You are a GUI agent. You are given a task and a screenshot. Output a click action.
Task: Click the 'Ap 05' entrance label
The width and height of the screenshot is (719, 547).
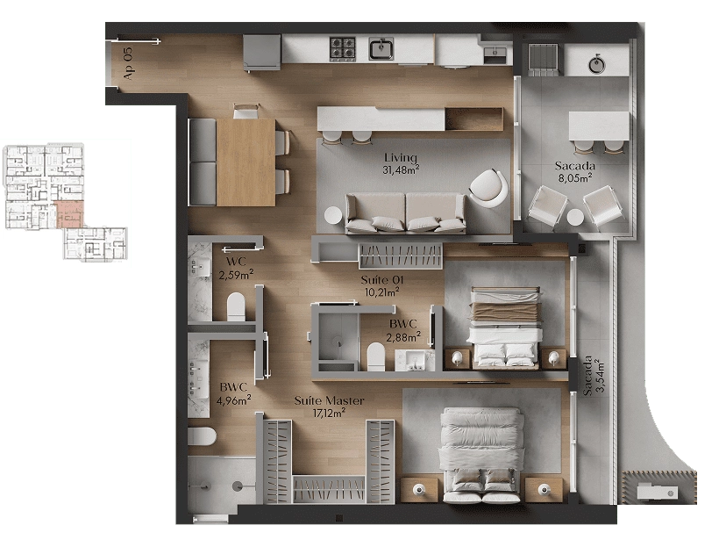[x=128, y=63]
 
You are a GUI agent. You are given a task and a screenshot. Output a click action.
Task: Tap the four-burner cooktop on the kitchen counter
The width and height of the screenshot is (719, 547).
[x=343, y=48]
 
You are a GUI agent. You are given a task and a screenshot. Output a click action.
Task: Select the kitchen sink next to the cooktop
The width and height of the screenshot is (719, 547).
[x=381, y=48]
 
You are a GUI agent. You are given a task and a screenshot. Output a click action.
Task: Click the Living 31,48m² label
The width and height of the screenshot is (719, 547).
[x=401, y=163]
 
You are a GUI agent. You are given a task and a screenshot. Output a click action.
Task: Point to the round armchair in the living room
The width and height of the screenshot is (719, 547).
[x=488, y=187]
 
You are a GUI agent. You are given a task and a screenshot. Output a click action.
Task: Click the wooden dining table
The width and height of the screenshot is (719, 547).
[x=246, y=162]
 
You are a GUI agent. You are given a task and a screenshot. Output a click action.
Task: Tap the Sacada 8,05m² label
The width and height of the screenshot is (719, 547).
[x=574, y=172]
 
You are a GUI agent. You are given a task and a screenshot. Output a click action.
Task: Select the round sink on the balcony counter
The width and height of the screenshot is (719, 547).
[x=596, y=65]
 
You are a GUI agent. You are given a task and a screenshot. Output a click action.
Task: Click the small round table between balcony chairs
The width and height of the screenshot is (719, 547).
[x=575, y=217]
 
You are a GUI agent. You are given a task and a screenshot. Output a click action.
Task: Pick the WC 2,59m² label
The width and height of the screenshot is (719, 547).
[x=236, y=268]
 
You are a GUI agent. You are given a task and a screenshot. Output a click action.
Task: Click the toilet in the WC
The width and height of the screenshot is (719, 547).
[x=236, y=306]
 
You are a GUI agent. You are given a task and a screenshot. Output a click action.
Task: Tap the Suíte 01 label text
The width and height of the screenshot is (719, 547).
[x=382, y=280]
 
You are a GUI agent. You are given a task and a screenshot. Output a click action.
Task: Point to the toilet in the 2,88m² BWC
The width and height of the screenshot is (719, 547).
[x=376, y=356]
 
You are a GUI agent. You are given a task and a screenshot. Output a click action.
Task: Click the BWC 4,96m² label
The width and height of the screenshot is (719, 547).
[x=233, y=393]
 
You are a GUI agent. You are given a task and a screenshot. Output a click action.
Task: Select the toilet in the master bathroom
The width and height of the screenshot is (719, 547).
[x=202, y=436]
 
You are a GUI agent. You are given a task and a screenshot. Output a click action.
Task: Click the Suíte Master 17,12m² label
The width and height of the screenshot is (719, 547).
[x=329, y=407]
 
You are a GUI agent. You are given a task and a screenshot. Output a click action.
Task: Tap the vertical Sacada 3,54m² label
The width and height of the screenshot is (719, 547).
[x=594, y=376]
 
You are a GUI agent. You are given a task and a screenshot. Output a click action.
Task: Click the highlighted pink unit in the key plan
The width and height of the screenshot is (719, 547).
[x=69, y=214]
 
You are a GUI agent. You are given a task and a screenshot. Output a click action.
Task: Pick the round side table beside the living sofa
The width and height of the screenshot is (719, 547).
[x=333, y=215]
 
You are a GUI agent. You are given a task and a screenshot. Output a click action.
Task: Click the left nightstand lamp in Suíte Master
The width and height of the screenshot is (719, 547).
[x=418, y=490]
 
